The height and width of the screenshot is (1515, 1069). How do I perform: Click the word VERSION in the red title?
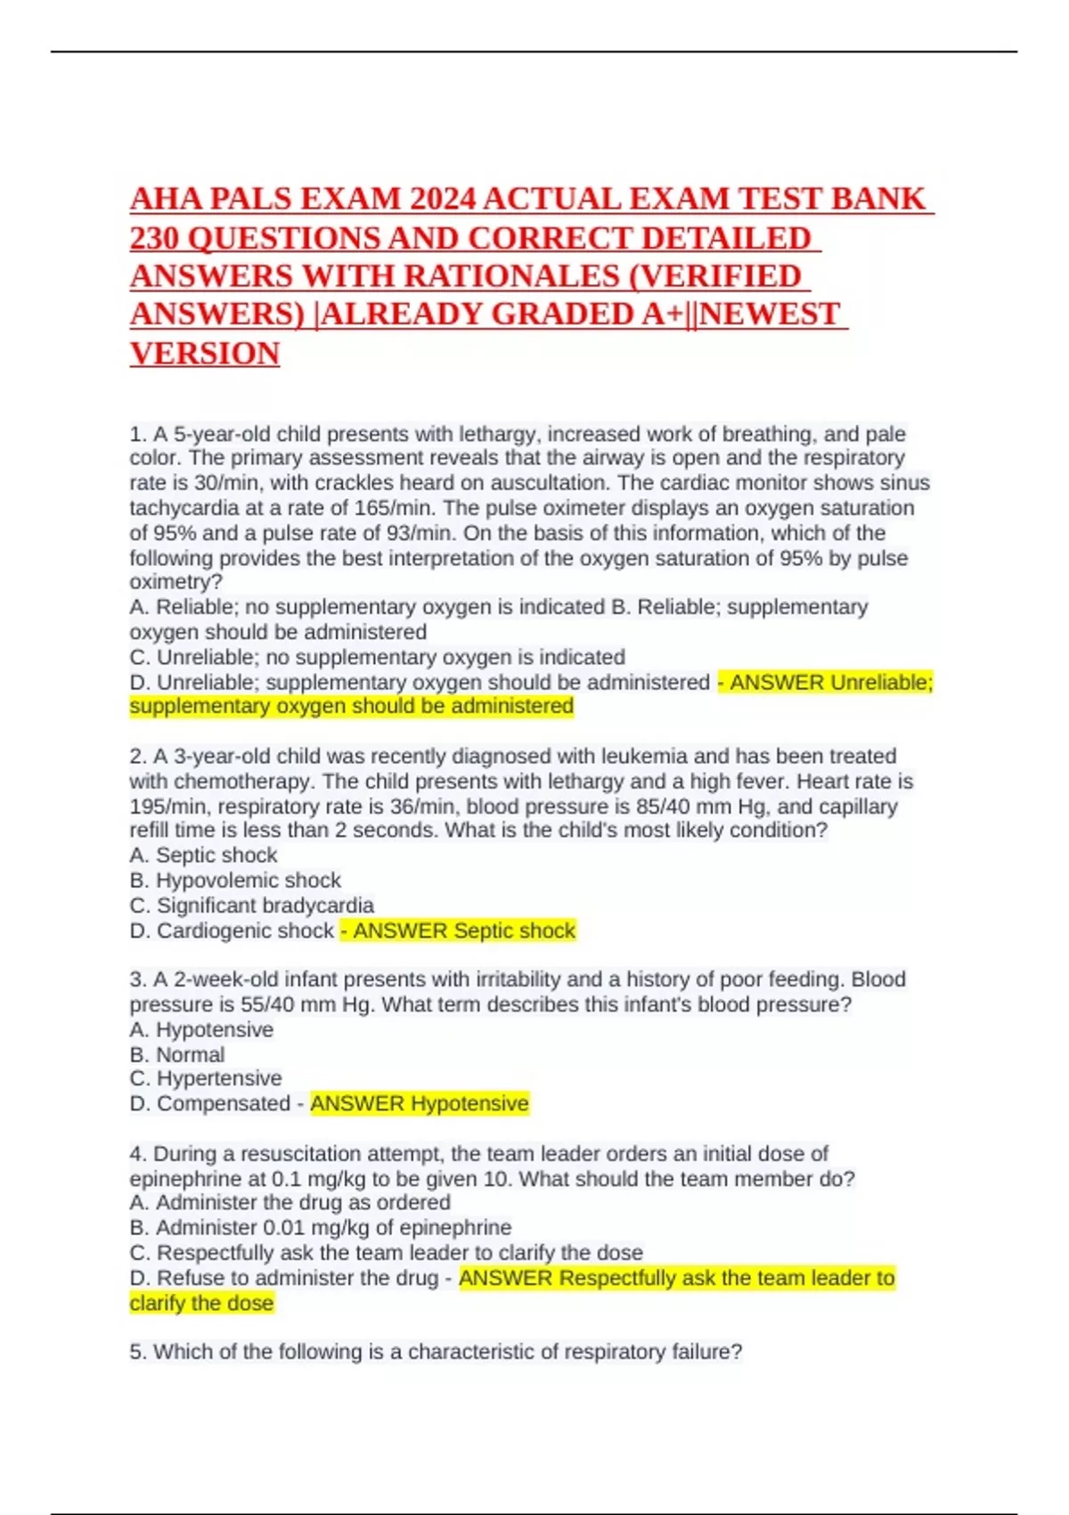coord(205,354)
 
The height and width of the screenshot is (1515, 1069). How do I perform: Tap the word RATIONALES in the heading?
coord(511,276)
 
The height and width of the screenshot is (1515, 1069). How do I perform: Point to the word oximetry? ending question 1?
coord(175,582)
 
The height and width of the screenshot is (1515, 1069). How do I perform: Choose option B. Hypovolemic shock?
coord(235,880)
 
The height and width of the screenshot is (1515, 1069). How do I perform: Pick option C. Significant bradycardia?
coord(251,905)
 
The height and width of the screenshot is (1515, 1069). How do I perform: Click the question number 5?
coord(137,1352)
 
